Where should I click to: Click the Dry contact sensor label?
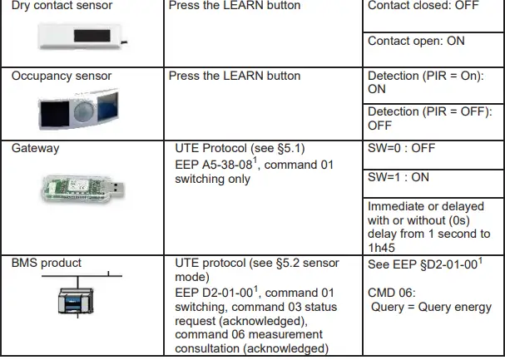(x=56, y=7)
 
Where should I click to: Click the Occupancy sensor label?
(x=62, y=76)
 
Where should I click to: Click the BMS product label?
(x=47, y=263)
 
